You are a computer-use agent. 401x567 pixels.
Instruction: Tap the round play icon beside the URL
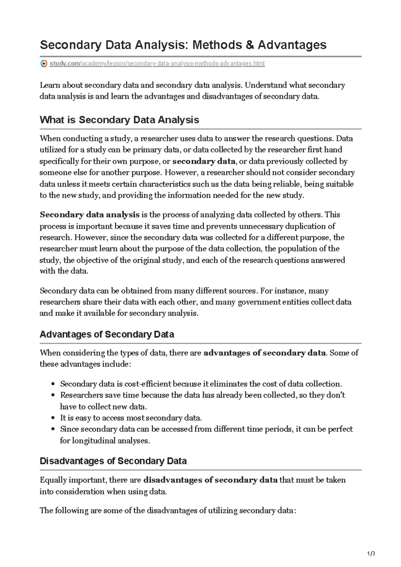[x=43, y=63]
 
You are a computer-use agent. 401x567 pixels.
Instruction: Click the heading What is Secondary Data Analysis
[x=119, y=120]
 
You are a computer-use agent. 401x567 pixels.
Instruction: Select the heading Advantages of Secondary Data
[x=107, y=334]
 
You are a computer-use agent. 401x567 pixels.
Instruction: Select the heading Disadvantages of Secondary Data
[x=113, y=461]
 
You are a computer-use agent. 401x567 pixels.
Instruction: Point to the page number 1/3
[x=371, y=554]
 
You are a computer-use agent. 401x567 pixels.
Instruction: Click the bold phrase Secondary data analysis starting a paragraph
[x=90, y=215]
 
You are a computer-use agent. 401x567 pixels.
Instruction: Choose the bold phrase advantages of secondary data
[x=264, y=353]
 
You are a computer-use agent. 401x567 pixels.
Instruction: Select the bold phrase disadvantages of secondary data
[x=210, y=480]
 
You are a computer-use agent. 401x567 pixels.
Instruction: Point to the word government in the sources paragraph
[x=259, y=302]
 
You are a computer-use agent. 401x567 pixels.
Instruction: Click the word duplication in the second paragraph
[x=306, y=226]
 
